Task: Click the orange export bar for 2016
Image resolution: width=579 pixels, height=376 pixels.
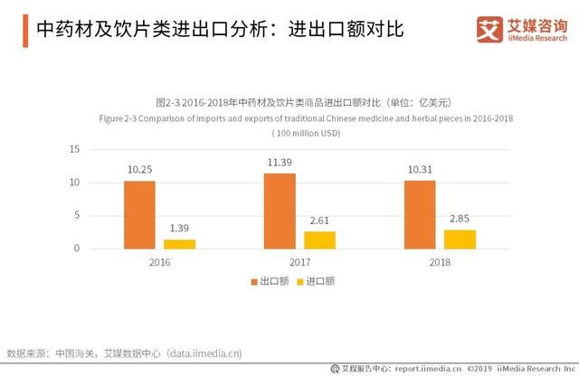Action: (139, 214)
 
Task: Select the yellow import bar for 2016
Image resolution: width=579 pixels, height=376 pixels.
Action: (179, 243)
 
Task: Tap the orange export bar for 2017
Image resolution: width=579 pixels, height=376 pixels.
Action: (280, 211)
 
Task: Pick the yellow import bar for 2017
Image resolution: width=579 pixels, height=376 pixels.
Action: (319, 240)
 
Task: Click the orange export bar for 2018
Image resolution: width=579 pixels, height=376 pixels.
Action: (420, 214)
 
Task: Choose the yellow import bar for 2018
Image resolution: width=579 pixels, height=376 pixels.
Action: (460, 239)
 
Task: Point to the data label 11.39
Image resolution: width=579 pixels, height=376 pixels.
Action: (280, 163)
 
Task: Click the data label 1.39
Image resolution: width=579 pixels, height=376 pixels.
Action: (179, 230)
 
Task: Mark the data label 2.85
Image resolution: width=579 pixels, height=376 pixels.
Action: (460, 220)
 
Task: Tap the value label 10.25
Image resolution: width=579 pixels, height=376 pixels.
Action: (139, 170)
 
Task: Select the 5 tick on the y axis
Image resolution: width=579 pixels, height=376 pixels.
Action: (77, 215)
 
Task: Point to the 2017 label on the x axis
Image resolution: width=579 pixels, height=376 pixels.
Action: (299, 262)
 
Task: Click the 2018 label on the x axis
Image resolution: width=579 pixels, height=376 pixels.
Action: (440, 262)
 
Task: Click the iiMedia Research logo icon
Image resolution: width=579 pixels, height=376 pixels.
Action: (489, 30)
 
